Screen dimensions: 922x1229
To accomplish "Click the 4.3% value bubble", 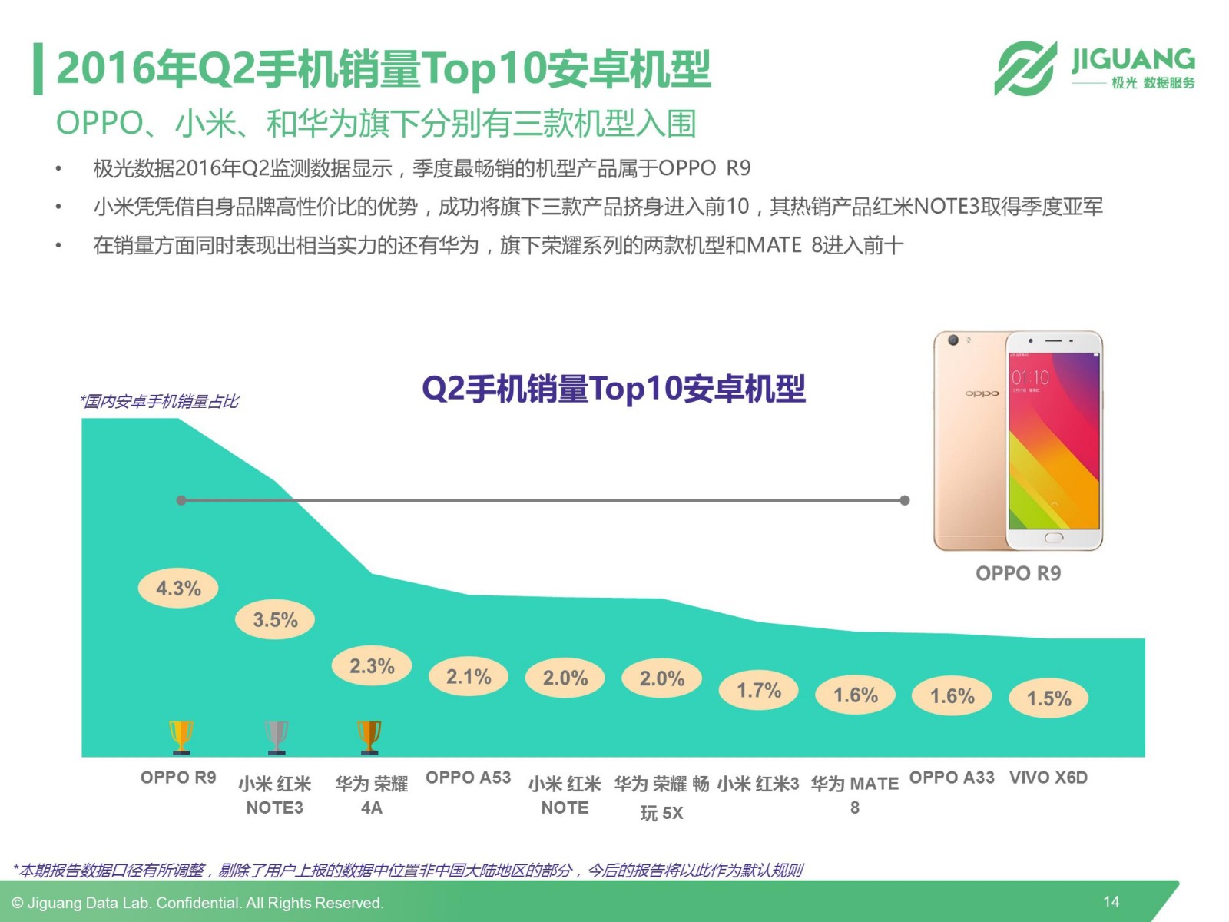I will [x=178, y=589].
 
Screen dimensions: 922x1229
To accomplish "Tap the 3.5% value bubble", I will [x=275, y=619].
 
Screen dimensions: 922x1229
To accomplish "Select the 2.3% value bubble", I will [x=372, y=665].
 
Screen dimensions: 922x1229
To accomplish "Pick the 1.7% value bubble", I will [x=759, y=690].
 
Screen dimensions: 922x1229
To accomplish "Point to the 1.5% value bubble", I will [x=1048, y=698].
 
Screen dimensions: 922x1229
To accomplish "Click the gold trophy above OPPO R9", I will [x=181, y=736].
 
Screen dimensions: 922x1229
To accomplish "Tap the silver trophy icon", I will [x=276, y=736].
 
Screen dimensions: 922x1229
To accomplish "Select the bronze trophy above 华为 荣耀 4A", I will [x=369, y=736].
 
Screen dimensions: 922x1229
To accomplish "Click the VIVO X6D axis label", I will [x=1048, y=778].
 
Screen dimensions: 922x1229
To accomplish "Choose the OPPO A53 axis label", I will [x=468, y=778].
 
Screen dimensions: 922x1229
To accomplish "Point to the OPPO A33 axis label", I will [x=952, y=778].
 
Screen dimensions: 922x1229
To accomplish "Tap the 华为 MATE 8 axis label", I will [x=854, y=794].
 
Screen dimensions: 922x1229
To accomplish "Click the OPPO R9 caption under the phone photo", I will [x=1018, y=573].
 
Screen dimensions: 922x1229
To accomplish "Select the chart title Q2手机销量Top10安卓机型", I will [x=614, y=389].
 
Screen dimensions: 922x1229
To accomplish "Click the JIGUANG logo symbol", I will [x=1025, y=68].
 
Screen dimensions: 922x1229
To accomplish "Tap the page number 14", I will [x=1111, y=901].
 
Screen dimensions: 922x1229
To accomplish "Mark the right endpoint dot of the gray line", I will [x=905, y=500].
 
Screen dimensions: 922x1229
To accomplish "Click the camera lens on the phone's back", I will [x=953, y=340].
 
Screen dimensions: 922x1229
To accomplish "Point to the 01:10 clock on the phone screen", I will [x=1030, y=377].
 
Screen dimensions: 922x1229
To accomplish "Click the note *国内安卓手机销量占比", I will [x=160, y=401].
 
